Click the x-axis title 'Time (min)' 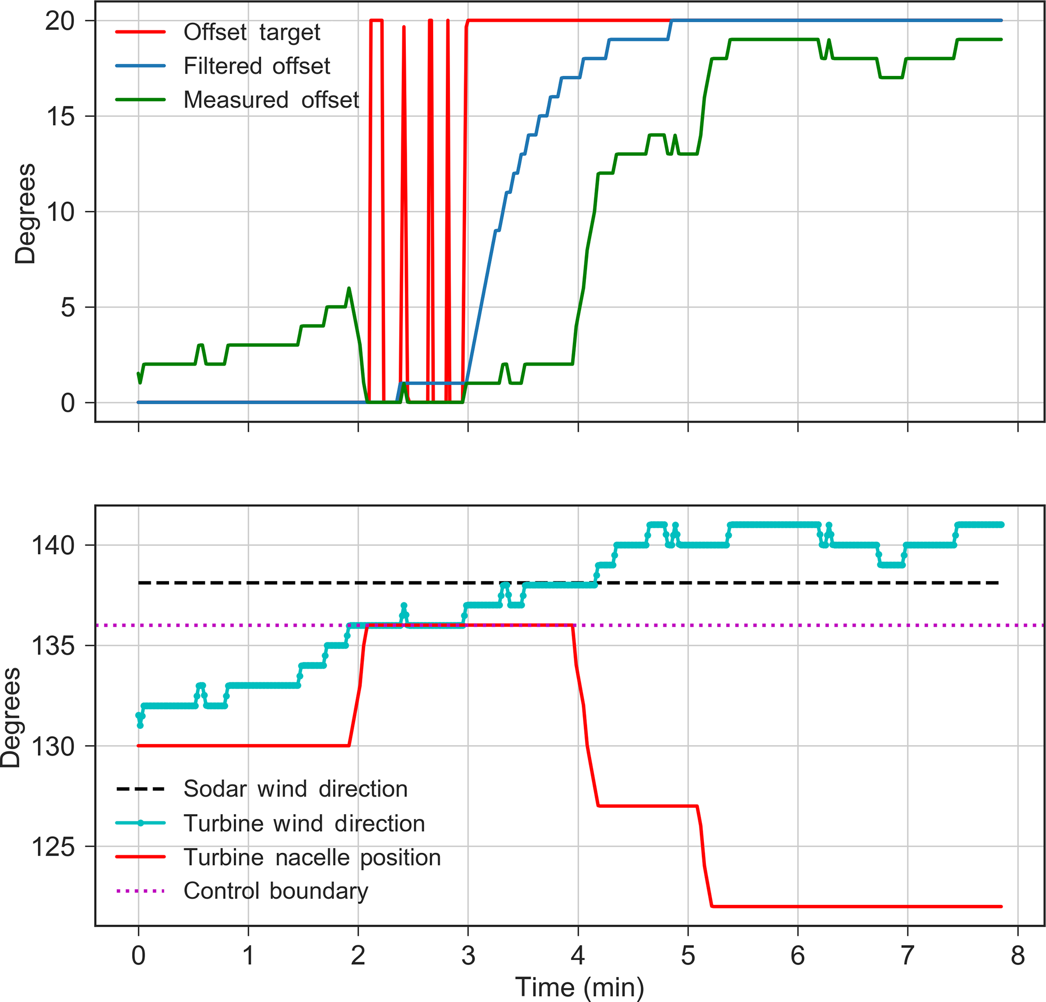tap(579, 987)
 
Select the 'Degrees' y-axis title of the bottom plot tap(11, 717)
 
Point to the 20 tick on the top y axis tap(60, 21)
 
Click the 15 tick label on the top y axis tap(60, 116)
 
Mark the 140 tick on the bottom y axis tap(52, 545)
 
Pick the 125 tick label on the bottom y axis tap(52, 846)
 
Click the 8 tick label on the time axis tap(1017, 955)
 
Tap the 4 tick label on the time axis tap(578, 955)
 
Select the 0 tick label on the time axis tap(138, 955)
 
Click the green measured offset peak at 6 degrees tap(349, 288)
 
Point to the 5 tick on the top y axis tap(67, 308)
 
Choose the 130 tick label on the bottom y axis tap(52, 746)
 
